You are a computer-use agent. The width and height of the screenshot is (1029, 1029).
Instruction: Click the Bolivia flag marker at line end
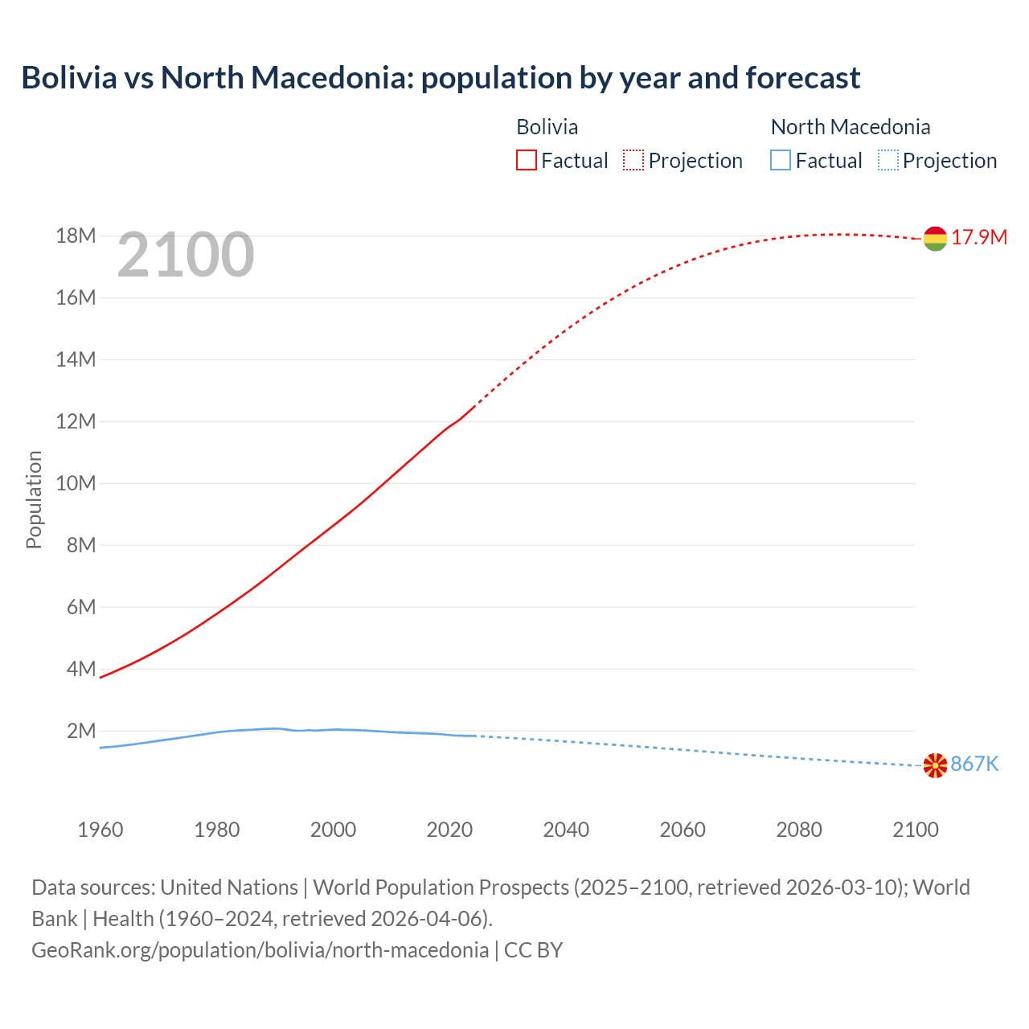click(x=935, y=239)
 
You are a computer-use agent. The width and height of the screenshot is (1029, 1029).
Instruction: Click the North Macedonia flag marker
click(x=935, y=765)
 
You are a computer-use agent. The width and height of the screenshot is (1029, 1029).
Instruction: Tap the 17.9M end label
click(x=979, y=238)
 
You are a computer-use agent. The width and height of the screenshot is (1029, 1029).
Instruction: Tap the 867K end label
click(x=974, y=765)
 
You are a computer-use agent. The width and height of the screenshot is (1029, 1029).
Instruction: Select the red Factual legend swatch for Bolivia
click(x=526, y=161)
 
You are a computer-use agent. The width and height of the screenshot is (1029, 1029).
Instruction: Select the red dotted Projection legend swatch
click(x=633, y=161)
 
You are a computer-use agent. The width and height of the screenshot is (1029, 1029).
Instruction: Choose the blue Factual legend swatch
click(x=780, y=161)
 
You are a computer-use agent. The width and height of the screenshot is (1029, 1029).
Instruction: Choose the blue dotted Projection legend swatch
click(x=888, y=161)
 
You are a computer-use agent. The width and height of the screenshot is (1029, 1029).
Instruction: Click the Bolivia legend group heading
click(x=547, y=127)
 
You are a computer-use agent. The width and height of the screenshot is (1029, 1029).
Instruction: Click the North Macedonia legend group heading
click(x=850, y=127)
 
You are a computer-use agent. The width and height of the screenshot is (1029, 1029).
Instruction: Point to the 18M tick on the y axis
click(x=76, y=236)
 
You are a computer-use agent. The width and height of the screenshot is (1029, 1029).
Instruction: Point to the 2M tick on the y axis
click(x=81, y=732)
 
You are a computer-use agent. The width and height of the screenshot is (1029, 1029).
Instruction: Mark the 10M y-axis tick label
click(x=76, y=484)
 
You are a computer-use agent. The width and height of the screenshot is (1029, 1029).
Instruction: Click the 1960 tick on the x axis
click(x=100, y=830)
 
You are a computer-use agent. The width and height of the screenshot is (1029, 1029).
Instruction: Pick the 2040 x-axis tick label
click(x=566, y=830)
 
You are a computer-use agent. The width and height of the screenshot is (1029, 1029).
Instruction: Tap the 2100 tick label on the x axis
click(x=915, y=830)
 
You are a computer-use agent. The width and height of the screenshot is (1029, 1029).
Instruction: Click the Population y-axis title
click(x=34, y=499)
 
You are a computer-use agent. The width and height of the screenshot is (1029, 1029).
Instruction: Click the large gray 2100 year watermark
click(x=186, y=256)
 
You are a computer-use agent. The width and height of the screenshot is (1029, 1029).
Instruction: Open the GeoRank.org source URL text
click(x=260, y=950)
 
